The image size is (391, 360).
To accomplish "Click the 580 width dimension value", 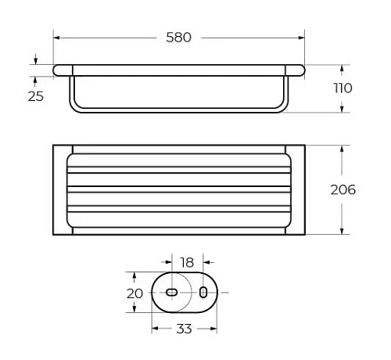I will [x=178, y=36].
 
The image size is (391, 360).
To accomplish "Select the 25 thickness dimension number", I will [x=35, y=95].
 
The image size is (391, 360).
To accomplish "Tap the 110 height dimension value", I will [x=342, y=88].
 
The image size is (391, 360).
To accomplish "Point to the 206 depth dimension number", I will [x=343, y=189].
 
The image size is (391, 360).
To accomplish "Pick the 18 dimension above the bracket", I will [x=186, y=262].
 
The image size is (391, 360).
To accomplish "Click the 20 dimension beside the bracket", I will [x=135, y=293].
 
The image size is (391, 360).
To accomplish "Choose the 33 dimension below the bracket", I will [x=183, y=329].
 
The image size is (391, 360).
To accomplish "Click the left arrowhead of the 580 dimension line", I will [x=57, y=37].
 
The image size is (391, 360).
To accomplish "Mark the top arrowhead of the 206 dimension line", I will [x=341, y=149].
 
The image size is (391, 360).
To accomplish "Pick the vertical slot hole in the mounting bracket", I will [x=203, y=292].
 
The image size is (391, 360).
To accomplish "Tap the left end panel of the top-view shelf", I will [x=62, y=189].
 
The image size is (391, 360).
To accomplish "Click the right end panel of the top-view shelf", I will [x=297, y=189].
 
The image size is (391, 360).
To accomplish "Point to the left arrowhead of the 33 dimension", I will [x=154, y=329].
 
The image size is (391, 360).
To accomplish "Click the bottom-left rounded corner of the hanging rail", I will [x=74, y=108].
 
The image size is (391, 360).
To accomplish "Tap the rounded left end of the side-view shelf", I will [x=57, y=70].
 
